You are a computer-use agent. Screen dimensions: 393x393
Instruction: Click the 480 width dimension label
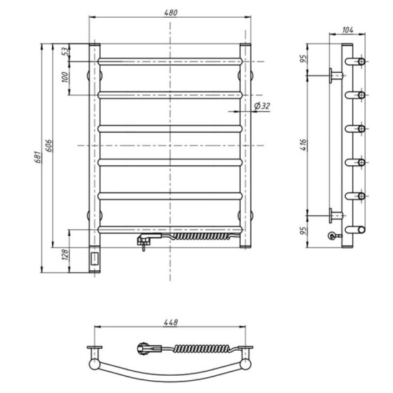pos(171,12)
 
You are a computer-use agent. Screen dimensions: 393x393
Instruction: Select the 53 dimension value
pos(65,51)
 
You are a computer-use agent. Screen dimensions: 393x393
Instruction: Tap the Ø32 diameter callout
pos(262,106)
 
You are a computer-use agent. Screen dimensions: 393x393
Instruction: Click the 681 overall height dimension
pos(36,157)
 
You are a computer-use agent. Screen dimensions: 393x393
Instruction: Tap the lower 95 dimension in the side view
pos(304,231)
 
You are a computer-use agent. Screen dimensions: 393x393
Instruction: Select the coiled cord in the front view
pos(202,235)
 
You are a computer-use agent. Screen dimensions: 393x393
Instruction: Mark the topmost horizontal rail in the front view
pos(171,59)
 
